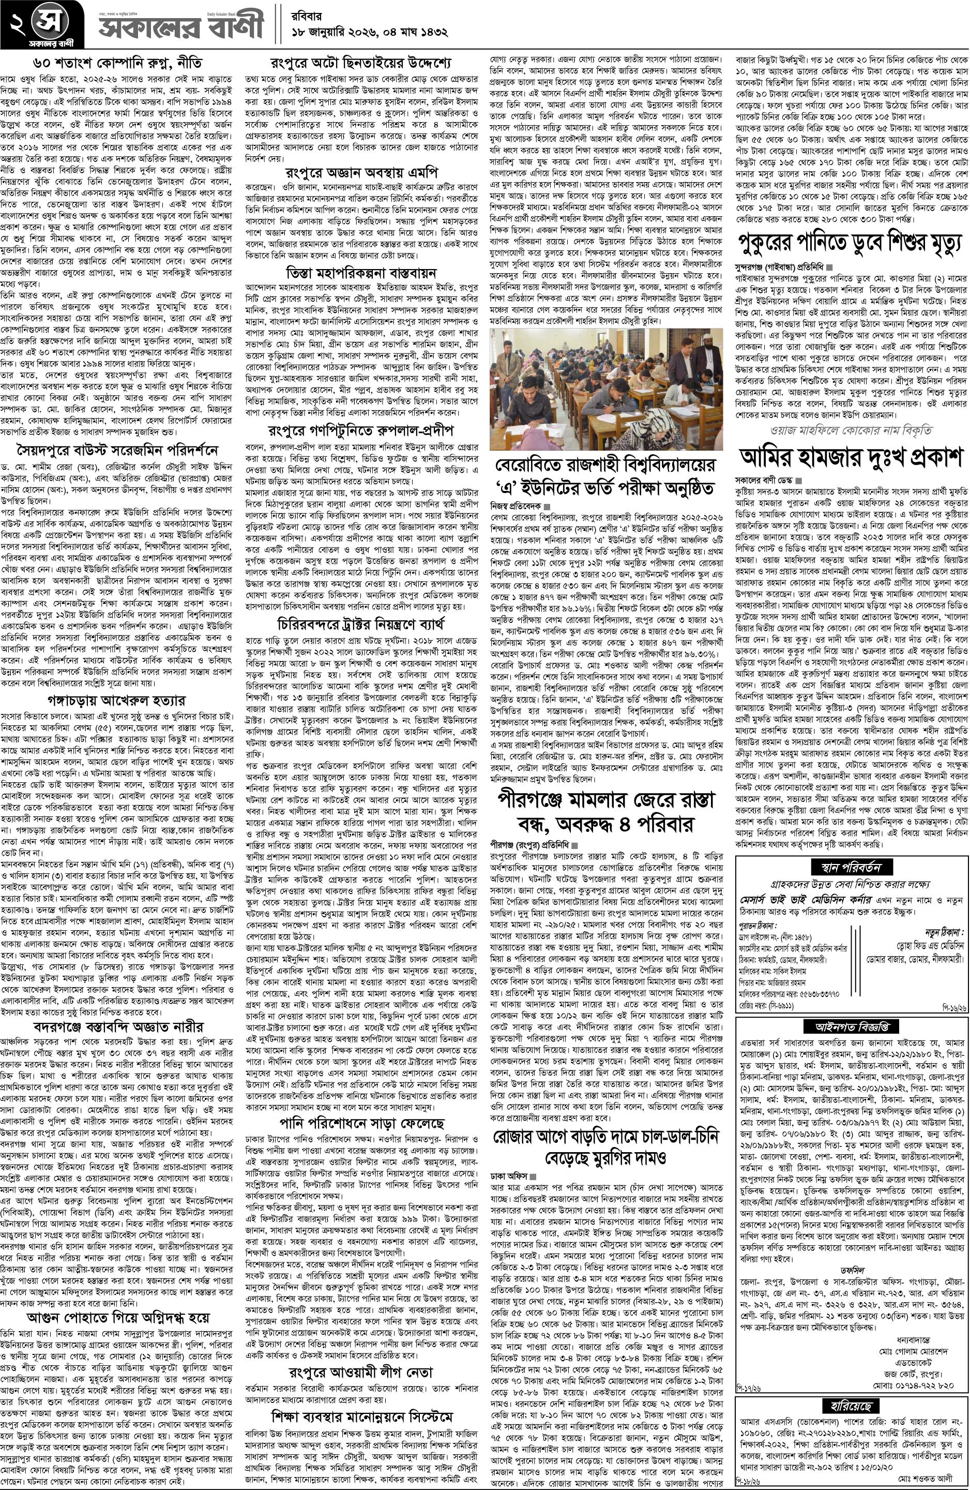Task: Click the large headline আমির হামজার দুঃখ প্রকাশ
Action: [851, 458]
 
